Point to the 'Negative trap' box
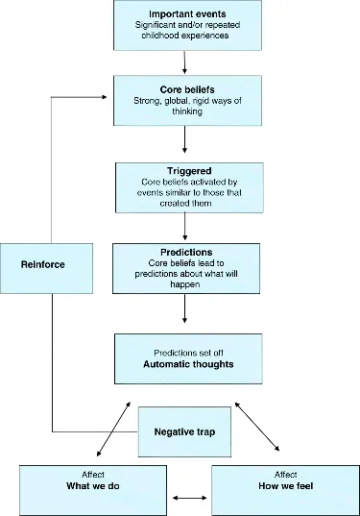pos(184,431)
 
